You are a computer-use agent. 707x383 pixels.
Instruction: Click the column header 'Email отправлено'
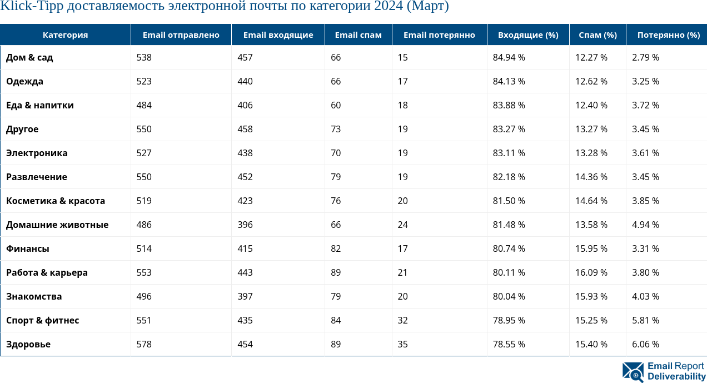tap(181, 35)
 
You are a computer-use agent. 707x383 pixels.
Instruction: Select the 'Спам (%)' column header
tap(598, 35)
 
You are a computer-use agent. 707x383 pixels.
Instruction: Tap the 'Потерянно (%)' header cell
tap(668, 35)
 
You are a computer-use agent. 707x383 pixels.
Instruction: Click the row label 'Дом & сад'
tap(29, 57)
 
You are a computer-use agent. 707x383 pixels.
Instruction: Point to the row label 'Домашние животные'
tap(57, 225)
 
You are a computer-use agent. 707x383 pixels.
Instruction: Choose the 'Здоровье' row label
tap(28, 344)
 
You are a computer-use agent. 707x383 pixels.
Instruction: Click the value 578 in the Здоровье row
tap(144, 344)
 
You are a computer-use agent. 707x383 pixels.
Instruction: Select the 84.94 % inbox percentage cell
tap(509, 57)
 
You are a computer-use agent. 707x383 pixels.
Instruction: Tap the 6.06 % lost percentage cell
tap(645, 344)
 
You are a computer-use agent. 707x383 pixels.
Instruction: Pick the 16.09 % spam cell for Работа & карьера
tap(591, 272)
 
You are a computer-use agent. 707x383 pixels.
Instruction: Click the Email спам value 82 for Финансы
tap(336, 248)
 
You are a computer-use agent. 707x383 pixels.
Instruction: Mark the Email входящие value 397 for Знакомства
tap(245, 296)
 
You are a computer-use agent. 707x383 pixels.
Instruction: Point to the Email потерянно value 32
tap(402, 320)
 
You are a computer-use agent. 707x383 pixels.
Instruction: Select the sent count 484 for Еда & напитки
tap(144, 105)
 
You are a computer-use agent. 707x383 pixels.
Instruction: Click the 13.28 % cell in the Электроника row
tap(591, 153)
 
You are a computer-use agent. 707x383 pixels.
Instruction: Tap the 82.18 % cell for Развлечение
tap(509, 177)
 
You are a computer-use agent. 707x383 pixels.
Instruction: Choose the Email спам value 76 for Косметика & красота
tap(336, 201)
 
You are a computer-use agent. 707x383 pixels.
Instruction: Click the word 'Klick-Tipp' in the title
tap(27, 7)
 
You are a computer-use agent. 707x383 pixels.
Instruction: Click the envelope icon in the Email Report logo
tap(633, 371)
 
